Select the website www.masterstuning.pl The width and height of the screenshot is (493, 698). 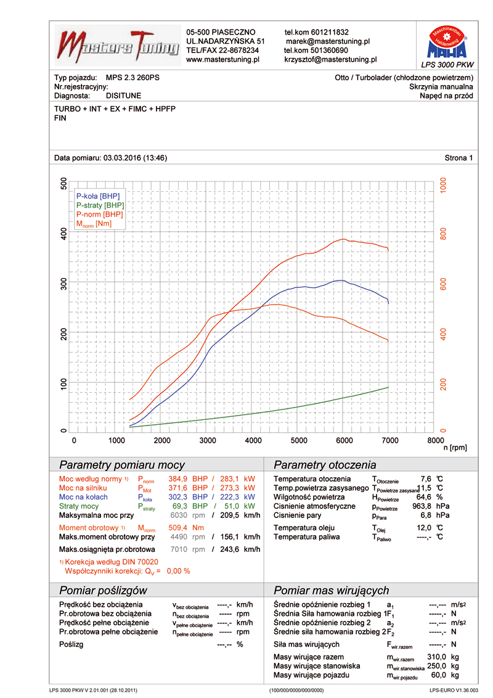222,60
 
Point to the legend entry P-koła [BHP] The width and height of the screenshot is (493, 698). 99,195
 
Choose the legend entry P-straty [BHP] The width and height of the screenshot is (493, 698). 100,205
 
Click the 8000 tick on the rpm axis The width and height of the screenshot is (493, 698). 434,440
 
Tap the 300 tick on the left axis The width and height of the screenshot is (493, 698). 64,282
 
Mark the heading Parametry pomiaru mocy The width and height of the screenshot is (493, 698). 121,465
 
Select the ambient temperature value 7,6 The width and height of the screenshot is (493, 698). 425,479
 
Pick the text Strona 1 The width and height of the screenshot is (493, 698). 458,158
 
